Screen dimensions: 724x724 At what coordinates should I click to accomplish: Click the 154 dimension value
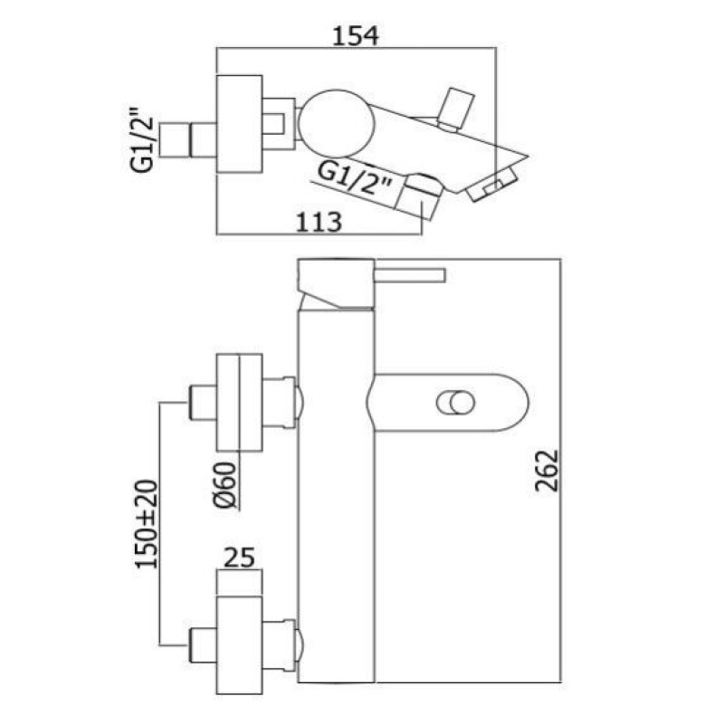[356, 36]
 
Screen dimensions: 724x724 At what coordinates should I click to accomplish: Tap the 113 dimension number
[319, 222]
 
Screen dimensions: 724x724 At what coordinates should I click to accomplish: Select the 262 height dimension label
[548, 471]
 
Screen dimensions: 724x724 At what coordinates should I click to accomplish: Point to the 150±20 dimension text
[147, 524]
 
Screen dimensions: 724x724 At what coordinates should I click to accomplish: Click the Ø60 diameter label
[225, 485]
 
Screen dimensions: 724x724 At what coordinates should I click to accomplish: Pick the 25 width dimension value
[239, 557]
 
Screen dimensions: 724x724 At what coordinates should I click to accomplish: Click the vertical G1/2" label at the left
[142, 140]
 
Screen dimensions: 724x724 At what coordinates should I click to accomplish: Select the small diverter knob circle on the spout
[456, 402]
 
